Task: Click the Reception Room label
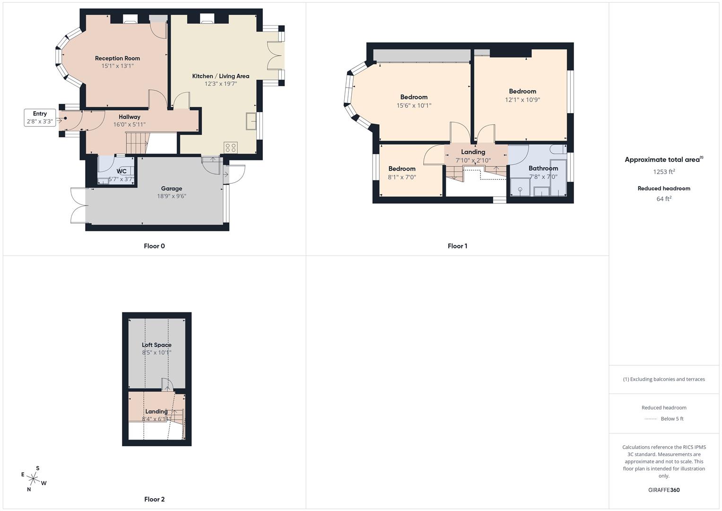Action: (117, 58)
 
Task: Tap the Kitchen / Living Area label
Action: (220, 76)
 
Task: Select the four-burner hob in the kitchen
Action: (231, 147)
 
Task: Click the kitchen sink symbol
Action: (251, 121)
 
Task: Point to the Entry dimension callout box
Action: (40, 117)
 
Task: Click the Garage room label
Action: (171, 188)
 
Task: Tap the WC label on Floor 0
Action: (122, 171)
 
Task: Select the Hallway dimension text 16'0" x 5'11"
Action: (129, 125)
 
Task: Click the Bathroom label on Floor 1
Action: (543, 168)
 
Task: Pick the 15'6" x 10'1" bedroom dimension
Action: (414, 106)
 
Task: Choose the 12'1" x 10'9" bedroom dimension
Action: (522, 100)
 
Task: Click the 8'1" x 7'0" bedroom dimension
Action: (402, 177)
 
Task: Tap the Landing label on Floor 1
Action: (473, 152)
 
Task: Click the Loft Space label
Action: (157, 345)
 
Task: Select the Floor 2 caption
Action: (155, 499)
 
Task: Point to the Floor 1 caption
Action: (457, 246)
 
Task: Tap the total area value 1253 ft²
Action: (664, 172)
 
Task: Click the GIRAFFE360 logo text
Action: (664, 490)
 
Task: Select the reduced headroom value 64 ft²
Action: (664, 199)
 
